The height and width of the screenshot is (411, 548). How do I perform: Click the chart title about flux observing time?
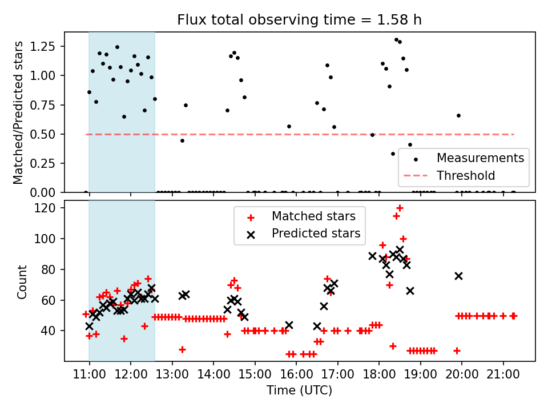pos(299,20)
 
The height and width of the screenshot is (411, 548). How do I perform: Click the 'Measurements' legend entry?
pos(480,158)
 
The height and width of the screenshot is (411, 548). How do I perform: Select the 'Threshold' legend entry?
pos(466,175)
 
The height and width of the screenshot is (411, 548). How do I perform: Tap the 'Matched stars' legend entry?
pos(313,216)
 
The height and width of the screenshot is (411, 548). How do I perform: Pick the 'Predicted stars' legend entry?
pos(316,233)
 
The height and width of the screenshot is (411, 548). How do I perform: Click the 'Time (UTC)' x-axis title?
pos(299,391)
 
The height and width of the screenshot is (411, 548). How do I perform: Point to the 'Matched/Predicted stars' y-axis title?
pos(18,112)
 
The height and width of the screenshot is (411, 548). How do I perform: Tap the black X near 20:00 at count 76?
pos(458,276)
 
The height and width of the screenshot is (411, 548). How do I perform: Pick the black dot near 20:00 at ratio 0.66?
pos(458,115)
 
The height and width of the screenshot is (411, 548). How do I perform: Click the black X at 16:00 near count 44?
pos(289,325)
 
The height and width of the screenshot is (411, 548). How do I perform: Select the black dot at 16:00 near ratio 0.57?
pos(289,126)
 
